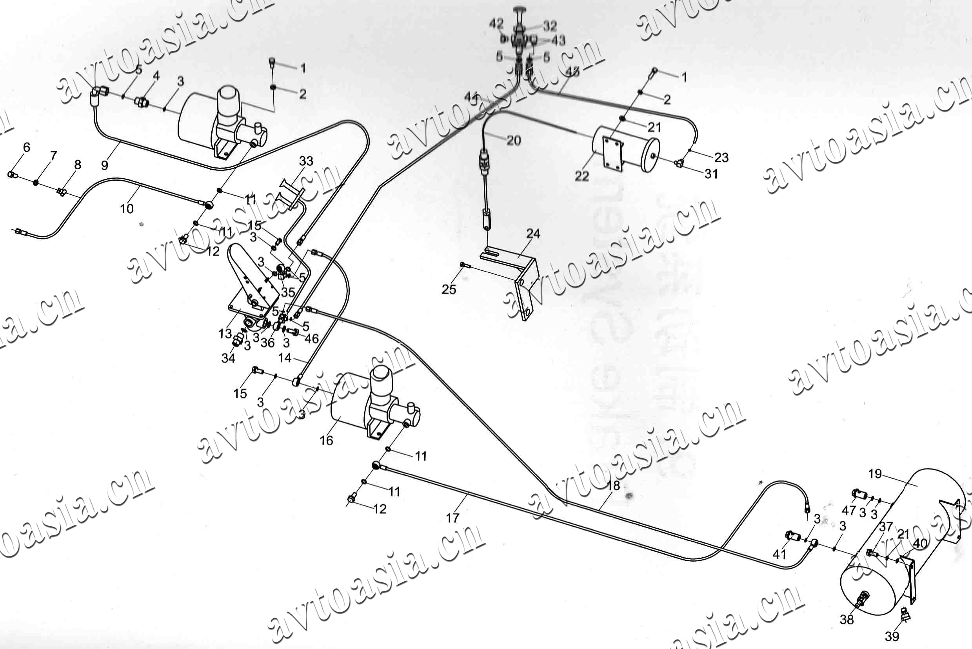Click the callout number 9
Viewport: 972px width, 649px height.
point(105,165)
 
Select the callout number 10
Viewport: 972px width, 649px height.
point(127,208)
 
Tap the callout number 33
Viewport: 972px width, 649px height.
point(306,161)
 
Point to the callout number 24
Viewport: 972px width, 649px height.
point(533,234)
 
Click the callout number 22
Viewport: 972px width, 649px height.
point(581,176)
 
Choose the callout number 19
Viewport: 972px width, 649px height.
point(875,473)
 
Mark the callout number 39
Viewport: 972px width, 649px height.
point(892,636)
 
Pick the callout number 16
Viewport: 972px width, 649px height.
point(326,441)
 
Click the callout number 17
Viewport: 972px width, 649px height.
point(452,517)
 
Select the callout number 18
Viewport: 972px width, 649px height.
point(614,486)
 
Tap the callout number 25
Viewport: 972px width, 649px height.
point(449,289)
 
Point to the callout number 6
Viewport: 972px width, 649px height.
point(27,147)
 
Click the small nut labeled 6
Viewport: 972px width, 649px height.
point(13,175)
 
